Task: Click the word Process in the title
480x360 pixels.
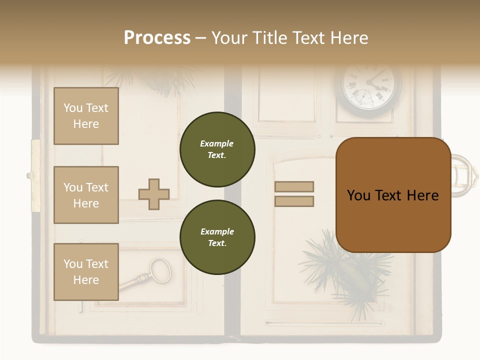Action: pyautogui.click(x=157, y=38)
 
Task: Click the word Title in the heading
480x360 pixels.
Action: pyautogui.click(x=269, y=38)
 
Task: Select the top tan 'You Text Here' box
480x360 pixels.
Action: pyautogui.click(x=86, y=116)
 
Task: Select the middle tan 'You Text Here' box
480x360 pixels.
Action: pyautogui.click(x=86, y=195)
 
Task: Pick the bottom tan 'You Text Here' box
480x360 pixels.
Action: pyautogui.click(x=86, y=271)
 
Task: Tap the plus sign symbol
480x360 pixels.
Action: pyautogui.click(x=154, y=194)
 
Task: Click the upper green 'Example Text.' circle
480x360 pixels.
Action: pyautogui.click(x=217, y=149)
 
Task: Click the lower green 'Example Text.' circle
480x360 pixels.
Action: pyautogui.click(x=217, y=237)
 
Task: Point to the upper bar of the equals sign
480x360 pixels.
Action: pyautogui.click(x=294, y=186)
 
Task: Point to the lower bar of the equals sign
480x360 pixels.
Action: pyautogui.click(x=294, y=201)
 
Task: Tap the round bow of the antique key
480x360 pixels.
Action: pyautogui.click(x=160, y=270)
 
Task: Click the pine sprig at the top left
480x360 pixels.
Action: pyautogui.click(x=160, y=80)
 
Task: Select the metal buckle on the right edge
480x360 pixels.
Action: pyautogui.click(x=464, y=175)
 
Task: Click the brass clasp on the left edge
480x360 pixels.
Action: pyautogui.click(x=35, y=175)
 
